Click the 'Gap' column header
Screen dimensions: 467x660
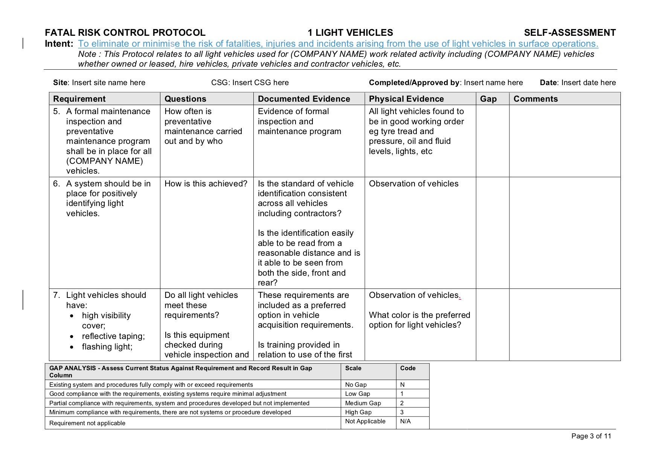click(488, 99)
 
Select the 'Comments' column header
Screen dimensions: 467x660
click(535, 99)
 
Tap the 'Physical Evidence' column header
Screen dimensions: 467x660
click(406, 99)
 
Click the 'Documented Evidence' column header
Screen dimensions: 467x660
click(304, 99)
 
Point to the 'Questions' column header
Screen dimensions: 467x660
click(185, 99)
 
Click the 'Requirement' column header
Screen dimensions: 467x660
click(79, 99)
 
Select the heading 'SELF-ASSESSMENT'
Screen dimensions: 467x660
click(570, 33)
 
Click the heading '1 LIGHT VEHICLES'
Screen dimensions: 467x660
click(350, 33)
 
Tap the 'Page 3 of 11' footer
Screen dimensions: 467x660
click(591, 436)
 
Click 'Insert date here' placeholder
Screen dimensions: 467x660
click(588, 83)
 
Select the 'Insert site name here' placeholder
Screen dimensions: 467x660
click(108, 83)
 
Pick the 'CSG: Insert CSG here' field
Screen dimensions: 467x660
click(250, 83)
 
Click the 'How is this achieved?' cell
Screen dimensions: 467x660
click(206, 184)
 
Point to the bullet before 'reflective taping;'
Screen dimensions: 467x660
click(72, 337)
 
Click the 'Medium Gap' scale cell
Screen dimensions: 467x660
click(363, 403)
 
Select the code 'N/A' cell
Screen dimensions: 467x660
click(405, 421)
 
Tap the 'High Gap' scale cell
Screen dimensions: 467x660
click(358, 412)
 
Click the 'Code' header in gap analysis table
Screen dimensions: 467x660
click(408, 368)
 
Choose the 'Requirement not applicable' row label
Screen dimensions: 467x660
click(87, 423)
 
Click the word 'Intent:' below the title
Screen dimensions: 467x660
click(59, 44)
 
